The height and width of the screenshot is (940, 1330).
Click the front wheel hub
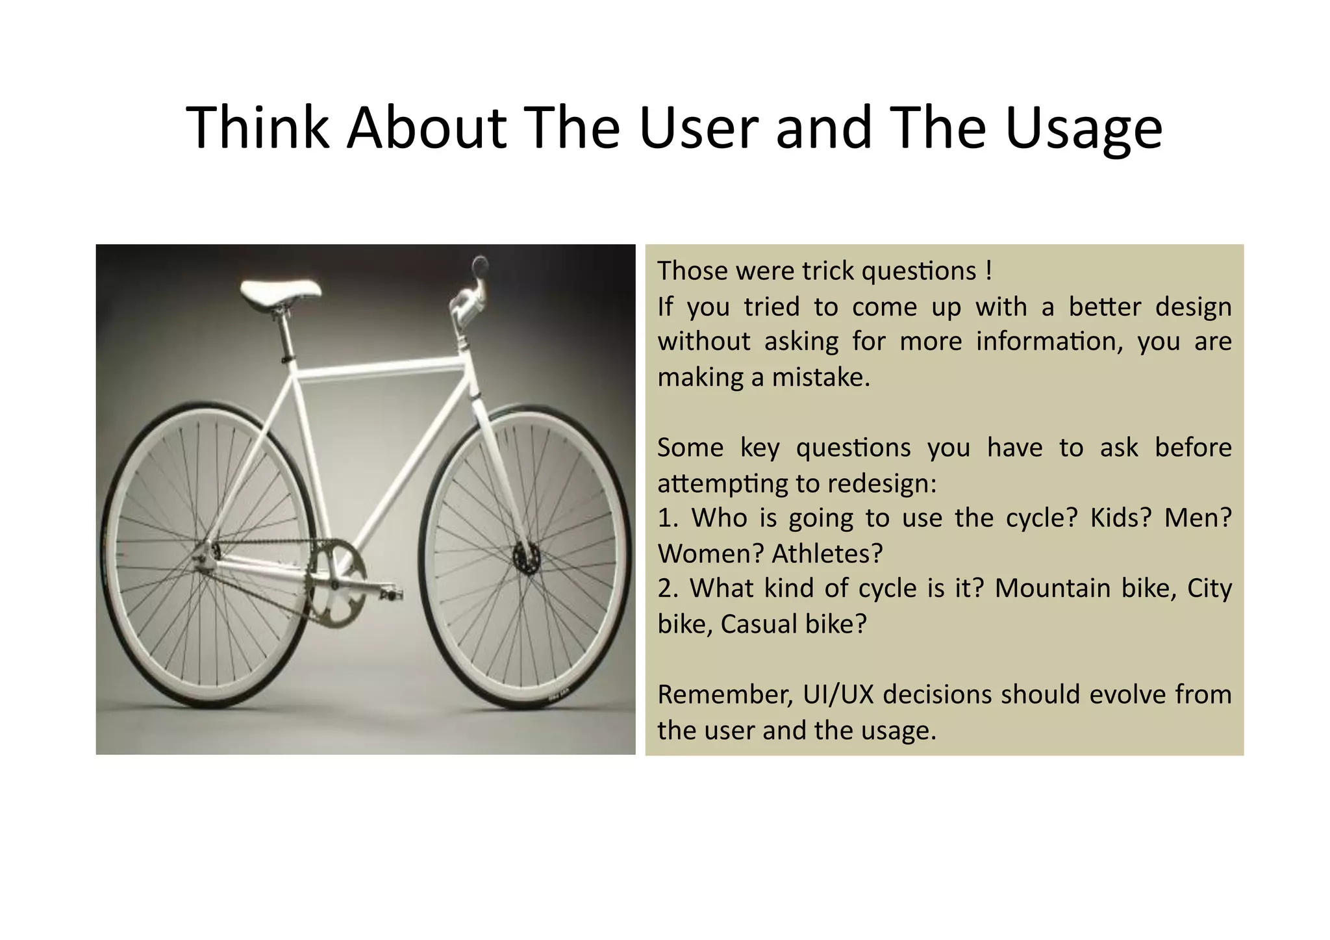[526, 557]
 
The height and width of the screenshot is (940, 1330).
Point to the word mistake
[820, 377]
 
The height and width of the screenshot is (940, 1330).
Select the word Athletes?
[827, 553]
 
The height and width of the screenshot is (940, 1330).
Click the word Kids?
[1120, 518]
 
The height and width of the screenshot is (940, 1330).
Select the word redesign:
[882, 483]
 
